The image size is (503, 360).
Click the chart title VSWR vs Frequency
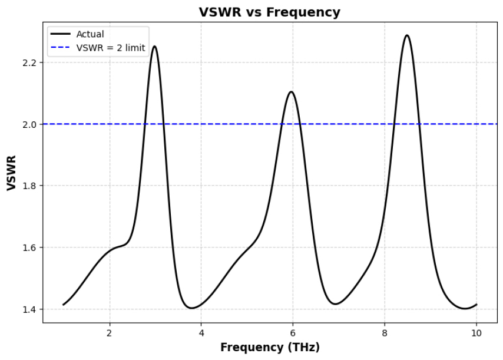click(269, 12)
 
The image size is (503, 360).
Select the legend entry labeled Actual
click(90, 35)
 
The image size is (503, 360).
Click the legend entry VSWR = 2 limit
click(110, 48)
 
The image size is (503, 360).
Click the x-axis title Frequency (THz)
click(270, 348)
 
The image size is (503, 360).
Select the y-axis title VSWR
click(12, 173)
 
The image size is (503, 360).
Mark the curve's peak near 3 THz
click(154, 47)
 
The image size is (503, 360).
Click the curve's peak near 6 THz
click(291, 92)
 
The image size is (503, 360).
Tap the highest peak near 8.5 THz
click(406, 35)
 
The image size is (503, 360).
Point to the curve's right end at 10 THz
click(476, 305)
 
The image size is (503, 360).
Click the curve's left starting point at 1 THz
click(64, 305)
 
